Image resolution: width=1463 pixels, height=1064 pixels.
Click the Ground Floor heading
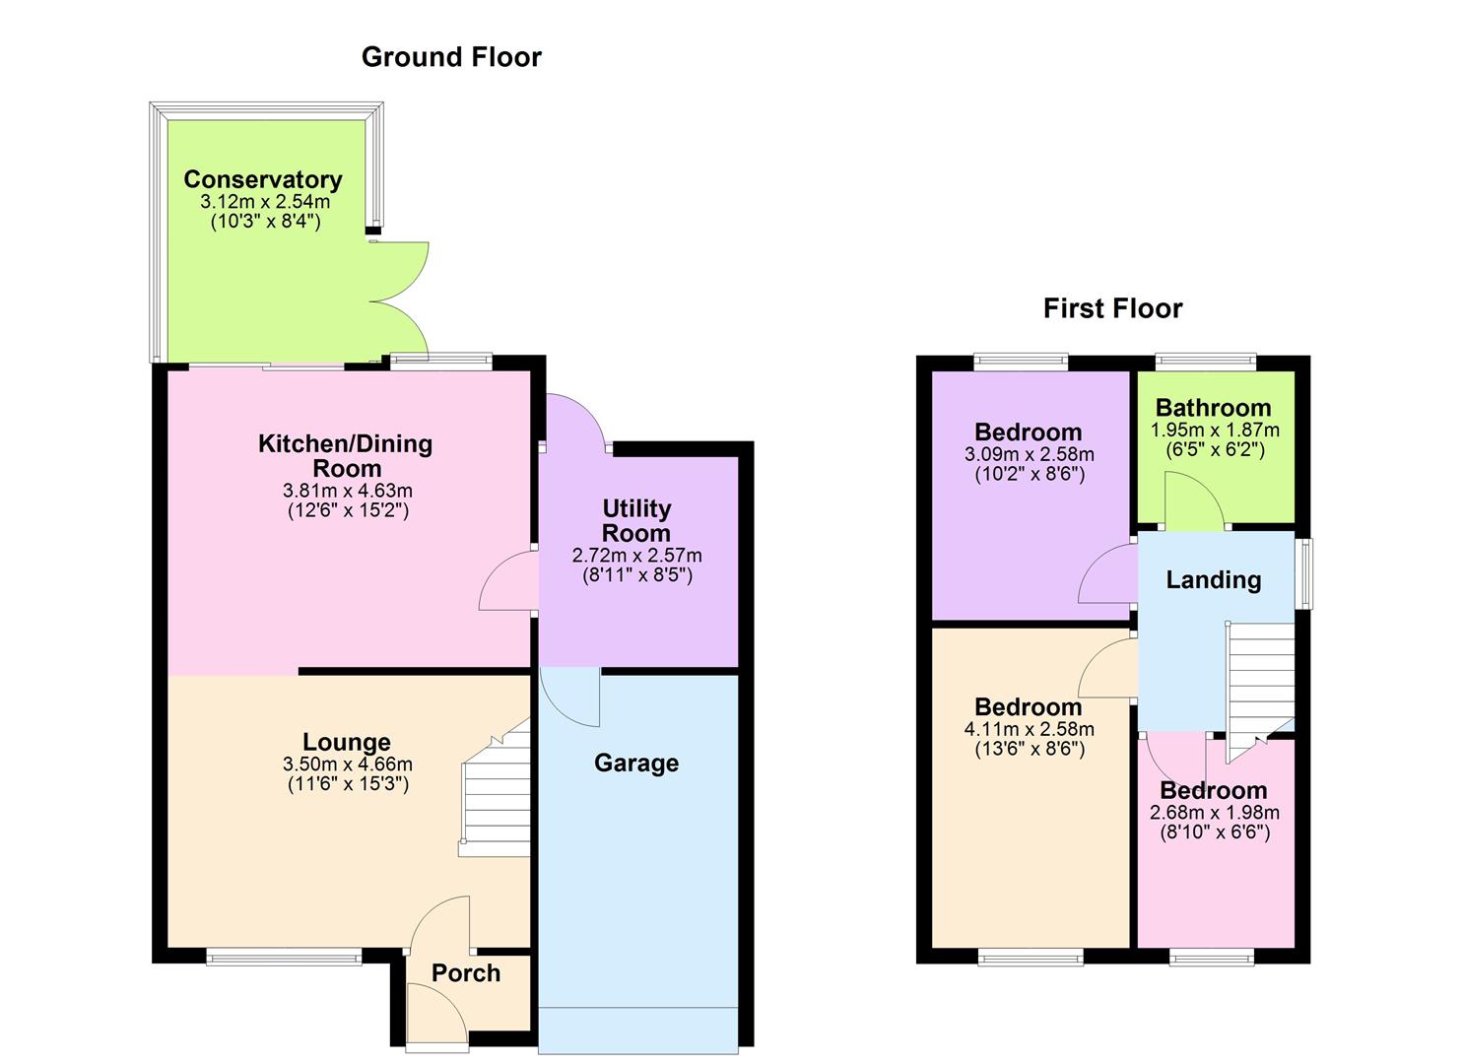[451, 57]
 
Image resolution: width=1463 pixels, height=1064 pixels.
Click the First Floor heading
[1112, 308]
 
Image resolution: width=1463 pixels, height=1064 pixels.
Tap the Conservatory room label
[263, 179]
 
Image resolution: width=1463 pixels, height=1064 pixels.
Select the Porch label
[466, 973]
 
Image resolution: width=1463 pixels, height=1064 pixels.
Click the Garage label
[636, 764]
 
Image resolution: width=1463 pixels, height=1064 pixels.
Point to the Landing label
[1213, 580]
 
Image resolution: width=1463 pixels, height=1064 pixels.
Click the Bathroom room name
[1213, 408]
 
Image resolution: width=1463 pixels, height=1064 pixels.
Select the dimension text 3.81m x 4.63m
[348, 491]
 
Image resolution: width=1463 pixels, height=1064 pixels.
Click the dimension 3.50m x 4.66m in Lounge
[348, 765]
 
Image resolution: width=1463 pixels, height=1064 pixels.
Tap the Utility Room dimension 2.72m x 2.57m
[636, 556]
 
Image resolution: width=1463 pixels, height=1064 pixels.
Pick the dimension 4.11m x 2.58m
[1029, 730]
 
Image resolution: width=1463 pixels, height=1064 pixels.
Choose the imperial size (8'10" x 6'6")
[1214, 832]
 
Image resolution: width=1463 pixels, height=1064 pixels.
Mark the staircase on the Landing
[1259, 690]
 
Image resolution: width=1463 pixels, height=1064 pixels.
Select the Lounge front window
[284, 956]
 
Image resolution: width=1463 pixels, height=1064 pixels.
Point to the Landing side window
[1303, 573]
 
